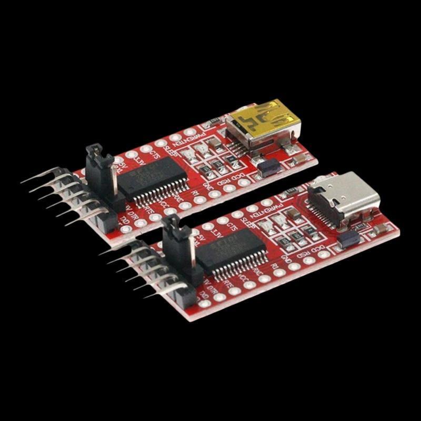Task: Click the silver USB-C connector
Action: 345,197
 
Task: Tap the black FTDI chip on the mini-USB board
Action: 153,179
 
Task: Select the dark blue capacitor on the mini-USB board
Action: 268,167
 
